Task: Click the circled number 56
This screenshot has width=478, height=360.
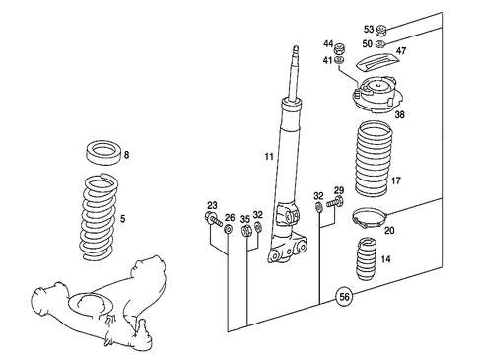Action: coord(343,294)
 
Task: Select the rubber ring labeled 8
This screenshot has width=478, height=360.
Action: coord(105,154)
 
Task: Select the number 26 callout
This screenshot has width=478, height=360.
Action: coord(230,217)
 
